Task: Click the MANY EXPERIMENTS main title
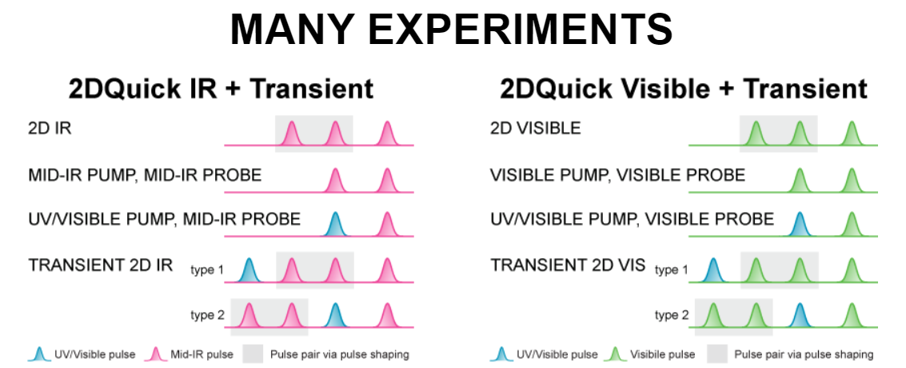(x=451, y=29)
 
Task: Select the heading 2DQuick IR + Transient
(x=222, y=89)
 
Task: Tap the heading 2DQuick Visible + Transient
(x=684, y=89)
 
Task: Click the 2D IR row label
(x=49, y=128)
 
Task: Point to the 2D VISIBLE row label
(x=535, y=128)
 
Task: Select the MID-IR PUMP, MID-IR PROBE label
(x=145, y=174)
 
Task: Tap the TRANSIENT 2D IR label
(x=101, y=265)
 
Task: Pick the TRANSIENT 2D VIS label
(x=568, y=265)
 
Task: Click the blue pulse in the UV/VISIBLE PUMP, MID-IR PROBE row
(x=334, y=225)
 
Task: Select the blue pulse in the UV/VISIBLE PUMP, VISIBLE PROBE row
(x=799, y=225)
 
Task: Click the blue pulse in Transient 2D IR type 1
(x=249, y=270)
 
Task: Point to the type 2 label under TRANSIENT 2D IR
(x=207, y=315)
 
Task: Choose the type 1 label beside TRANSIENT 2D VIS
(x=672, y=270)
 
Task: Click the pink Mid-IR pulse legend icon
(x=155, y=353)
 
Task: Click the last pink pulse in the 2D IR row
(x=387, y=134)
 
